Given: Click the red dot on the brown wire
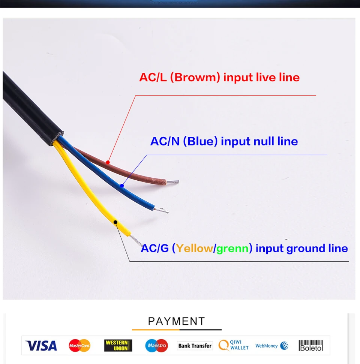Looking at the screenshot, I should point(108,162).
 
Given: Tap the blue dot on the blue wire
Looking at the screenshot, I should point(122,186).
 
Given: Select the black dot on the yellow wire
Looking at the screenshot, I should point(115,222).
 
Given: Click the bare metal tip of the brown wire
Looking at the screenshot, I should point(173,182).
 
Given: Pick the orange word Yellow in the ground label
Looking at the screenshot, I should point(194,248).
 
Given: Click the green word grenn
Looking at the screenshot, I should point(232,248).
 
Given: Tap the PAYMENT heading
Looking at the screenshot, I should point(177,321).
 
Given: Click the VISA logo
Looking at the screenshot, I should point(41,346).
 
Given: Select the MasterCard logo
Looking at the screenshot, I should point(79,346).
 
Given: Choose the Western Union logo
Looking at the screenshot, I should point(118,346).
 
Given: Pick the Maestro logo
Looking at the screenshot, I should point(156,346).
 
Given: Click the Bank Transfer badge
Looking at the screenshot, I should point(195,346).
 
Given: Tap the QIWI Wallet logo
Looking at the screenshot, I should point(234,345).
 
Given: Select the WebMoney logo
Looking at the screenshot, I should point(272,346).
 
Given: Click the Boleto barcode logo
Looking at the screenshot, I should point(310,346).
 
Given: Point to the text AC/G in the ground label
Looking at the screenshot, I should point(154,248).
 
